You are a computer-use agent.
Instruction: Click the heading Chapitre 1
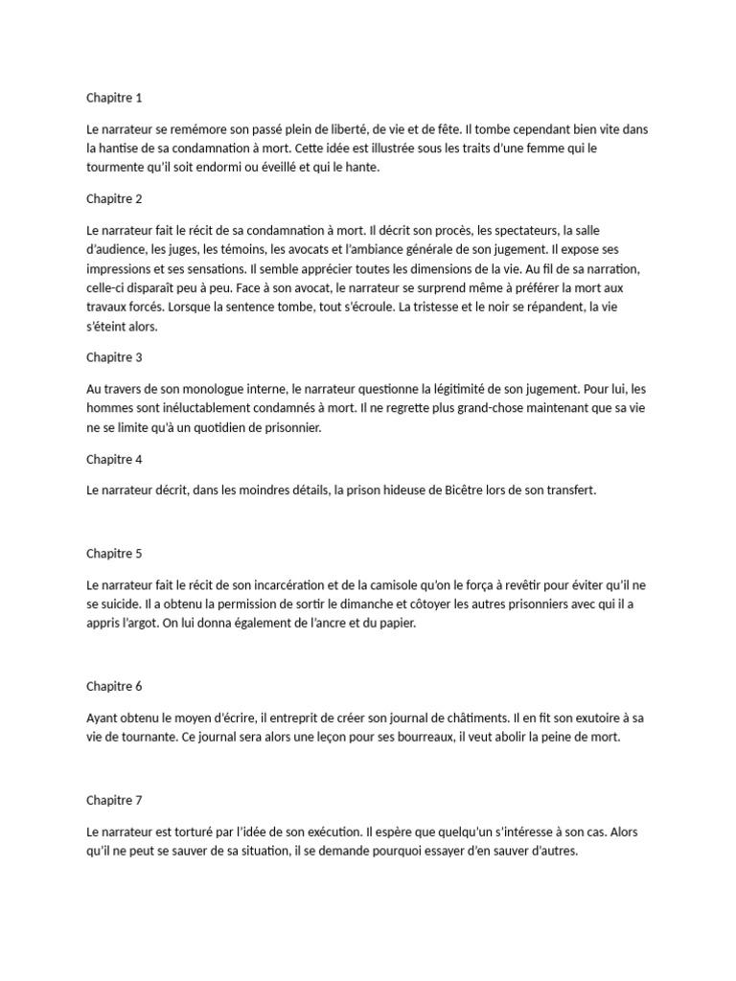point(114,98)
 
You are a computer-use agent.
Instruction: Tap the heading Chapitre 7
point(114,799)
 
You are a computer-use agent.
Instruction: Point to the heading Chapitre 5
point(114,553)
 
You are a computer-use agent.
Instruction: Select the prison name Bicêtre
point(468,490)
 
